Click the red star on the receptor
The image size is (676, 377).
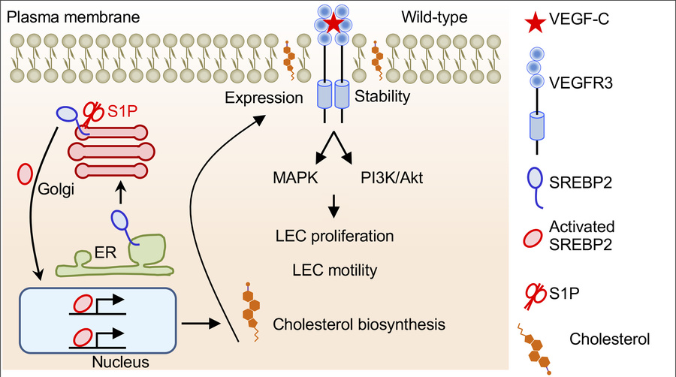tap(333, 23)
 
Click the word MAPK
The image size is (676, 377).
tap(294, 179)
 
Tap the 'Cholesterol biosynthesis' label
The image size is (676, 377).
tap(360, 324)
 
